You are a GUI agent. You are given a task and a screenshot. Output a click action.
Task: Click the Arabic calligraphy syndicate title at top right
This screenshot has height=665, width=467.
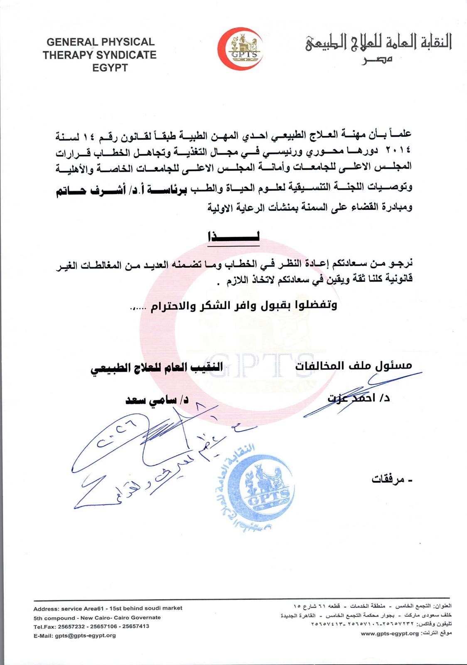tap(379, 43)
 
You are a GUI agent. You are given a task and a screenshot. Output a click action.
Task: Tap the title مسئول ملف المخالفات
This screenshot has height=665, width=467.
tap(354, 365)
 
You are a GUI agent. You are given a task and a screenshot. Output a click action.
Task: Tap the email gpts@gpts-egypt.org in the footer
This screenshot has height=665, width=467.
tap(85, 635)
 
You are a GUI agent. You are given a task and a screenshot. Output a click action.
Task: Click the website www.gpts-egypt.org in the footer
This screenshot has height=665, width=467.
tap(389, 633)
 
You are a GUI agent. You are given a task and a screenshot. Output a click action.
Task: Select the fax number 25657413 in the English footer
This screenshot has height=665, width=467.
tap(136, 626)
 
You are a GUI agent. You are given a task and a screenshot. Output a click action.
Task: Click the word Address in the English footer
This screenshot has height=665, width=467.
tap(46, 608)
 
